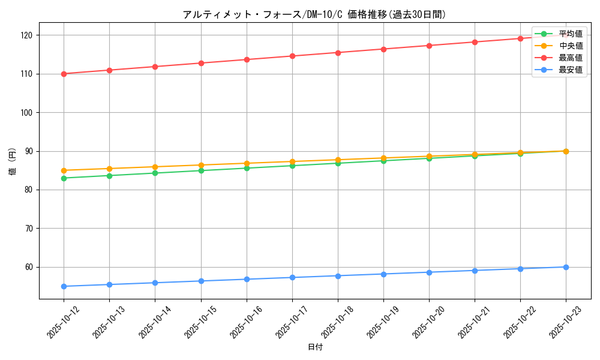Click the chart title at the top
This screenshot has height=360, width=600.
pos(314,14)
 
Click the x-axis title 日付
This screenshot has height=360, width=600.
pos(315,347)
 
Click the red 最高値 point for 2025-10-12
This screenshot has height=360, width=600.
pos(64,74)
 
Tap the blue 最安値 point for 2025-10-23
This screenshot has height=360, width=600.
pos(566,267)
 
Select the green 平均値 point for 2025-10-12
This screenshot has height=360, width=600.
pos(64,178)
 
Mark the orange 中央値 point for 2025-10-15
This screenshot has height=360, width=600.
pos(201,165)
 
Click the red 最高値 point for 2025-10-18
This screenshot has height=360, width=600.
pos(338,53)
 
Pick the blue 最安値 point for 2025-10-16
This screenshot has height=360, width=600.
pos(247,279)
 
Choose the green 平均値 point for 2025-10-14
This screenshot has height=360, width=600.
pos(155,173)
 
